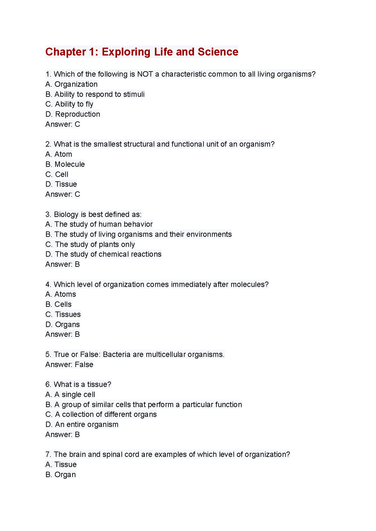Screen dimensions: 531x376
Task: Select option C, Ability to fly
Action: click(x=69, y=104)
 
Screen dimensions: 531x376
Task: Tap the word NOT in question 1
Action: click(x=145, y=74)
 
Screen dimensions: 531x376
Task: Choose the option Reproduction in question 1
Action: click(x=73, y=114)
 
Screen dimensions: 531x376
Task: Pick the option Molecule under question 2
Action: click(x=65, y=164)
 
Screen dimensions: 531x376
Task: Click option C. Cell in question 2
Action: click(x=57, y=174)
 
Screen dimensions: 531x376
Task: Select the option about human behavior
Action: click(x=99, y=224)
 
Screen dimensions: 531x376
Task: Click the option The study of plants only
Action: click(x=90, y=244)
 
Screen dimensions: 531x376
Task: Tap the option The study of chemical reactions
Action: click(x=103, y=254)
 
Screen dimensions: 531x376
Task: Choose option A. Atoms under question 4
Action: click(x=61, y=294)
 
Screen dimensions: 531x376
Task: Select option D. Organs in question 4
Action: click(x=63, y=324)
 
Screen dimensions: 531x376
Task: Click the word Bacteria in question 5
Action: click(x=117, y=354)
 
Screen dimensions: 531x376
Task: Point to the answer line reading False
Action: click(x=69, y=365)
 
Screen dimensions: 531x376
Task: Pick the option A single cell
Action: click(x=70, y=394)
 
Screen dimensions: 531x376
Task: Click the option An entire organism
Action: click(x=82, y=424)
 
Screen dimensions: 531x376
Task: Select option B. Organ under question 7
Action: click(x=61, y=475)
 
